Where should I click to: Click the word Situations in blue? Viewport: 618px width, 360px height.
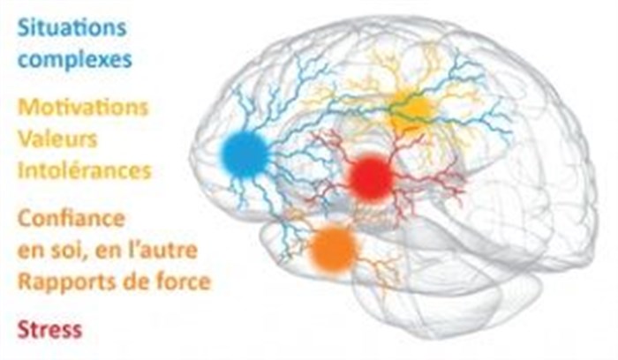[x=72, y=26]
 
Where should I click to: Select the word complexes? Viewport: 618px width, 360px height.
[x=76, y=60]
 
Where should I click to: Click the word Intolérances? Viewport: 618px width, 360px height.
[x=84, y=169]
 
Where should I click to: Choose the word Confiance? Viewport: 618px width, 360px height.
[x=71, y=219]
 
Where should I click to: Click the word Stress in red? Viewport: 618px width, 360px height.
[x=49, y=329]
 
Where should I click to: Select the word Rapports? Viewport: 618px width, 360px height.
[x=62, y=282]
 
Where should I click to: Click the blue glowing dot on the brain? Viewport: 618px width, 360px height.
[x=245, y=154]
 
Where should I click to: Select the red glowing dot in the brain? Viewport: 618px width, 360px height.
[x=369, y=176]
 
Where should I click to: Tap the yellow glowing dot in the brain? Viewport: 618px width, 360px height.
[x=411, y=109]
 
